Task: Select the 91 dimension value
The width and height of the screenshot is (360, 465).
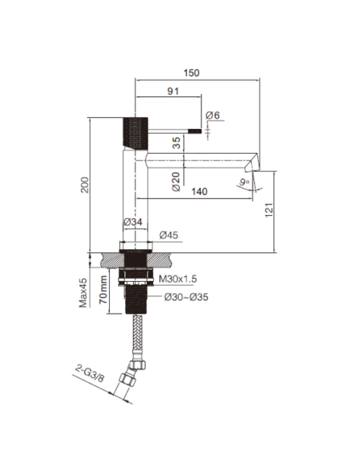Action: (172, 92)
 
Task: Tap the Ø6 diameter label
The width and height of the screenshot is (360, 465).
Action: (212, 116)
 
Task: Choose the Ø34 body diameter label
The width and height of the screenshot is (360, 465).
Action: (132, 223)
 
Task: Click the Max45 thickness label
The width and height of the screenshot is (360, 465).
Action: (83, 294)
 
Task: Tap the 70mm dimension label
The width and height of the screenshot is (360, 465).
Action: (104, 292)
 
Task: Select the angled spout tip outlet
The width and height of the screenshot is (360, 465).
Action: (252, 165)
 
